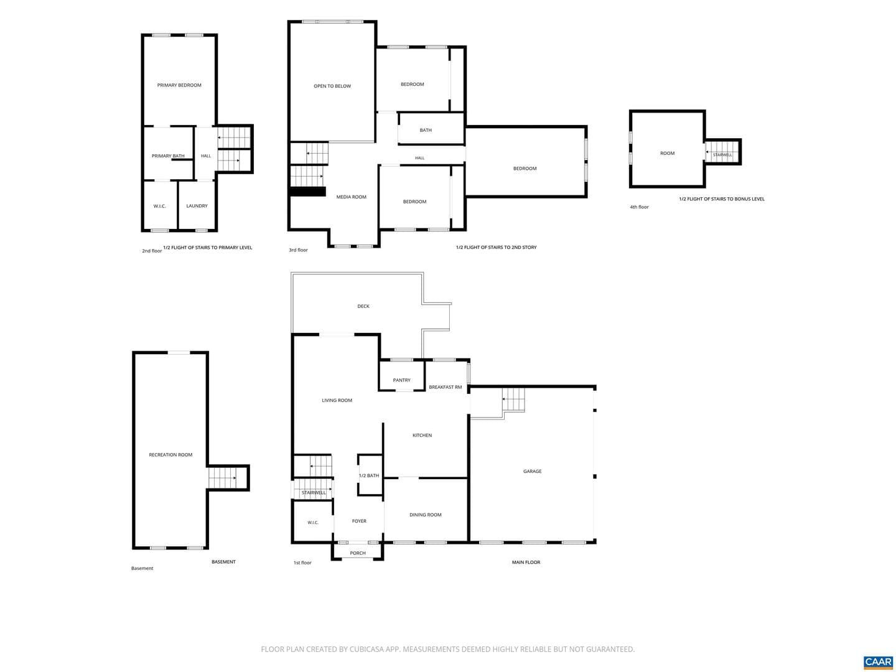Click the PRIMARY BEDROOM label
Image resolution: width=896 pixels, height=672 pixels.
[179, 85]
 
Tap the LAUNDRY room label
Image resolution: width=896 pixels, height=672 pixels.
[197, 206]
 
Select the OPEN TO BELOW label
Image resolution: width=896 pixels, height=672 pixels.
[332, 86]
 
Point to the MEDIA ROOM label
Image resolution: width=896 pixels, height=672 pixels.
[351, 197]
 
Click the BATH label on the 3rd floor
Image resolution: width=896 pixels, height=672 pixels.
[426, 130]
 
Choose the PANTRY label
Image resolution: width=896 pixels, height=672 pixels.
[402, 380]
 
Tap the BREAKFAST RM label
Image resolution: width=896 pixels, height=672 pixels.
[446, 387]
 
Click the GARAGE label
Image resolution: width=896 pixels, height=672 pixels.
[532, 471]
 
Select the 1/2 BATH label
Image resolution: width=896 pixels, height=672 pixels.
[369, 476]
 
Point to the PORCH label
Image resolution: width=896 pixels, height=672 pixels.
[358, 553]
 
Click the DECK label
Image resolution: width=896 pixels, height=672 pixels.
[363, 306]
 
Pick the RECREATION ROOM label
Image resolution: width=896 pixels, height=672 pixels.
[170, 455]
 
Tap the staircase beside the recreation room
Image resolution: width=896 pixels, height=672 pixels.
[223, 478]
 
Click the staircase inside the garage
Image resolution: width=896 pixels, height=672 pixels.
[513, 400]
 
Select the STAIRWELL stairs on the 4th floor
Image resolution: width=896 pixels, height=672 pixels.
[722, 152]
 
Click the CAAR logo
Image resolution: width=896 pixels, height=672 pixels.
[877, 662]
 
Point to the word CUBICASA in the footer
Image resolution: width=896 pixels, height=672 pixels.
[366, 649]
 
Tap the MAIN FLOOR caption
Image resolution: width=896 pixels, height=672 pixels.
[526, 562]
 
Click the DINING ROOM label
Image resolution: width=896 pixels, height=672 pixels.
[426, 515]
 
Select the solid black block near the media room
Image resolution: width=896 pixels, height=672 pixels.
[307, 192]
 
